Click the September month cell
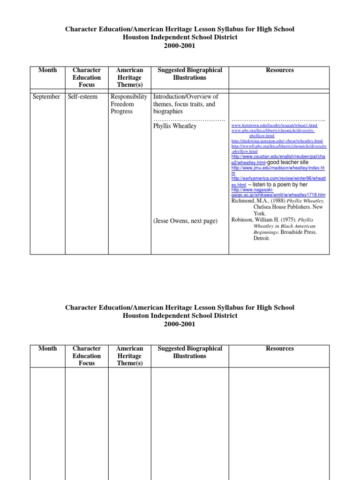(x=46, y=97)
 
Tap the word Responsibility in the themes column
(x=129, y=97)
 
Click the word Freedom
(x=123, y=104)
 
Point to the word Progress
(x=122, y=112)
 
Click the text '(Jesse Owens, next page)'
(x=186, y=221)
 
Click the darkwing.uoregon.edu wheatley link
(x=277, y=141)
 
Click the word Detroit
(x=262, y=238)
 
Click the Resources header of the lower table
(x=279, y=348)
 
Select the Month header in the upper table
(x=47, y=70)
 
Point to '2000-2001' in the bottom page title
(x=180, y=324)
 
